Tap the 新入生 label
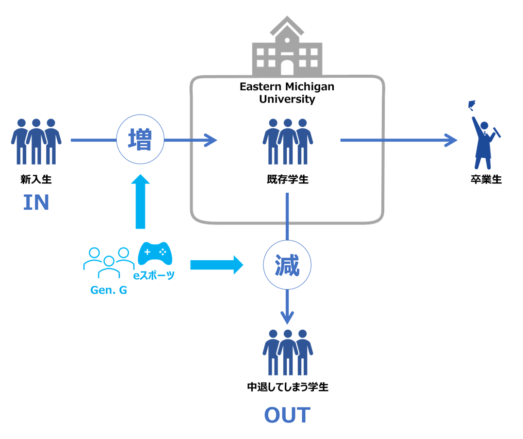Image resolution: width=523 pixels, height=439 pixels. point(36,179)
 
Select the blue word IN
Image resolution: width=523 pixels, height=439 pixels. point(36,203)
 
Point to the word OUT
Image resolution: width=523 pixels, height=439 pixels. point(287,415)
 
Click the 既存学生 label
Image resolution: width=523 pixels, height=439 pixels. point(288,179)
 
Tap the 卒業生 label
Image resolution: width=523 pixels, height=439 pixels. point(486,179)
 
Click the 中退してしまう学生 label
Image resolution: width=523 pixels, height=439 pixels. point(288,387)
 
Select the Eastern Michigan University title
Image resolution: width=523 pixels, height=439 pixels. point(287,93)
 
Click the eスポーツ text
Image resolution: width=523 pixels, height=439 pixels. point(154,275)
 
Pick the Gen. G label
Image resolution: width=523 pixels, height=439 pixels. point(109,290)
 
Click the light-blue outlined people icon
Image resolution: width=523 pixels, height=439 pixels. point(109,262)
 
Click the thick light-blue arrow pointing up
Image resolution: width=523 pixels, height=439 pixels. point(140,202)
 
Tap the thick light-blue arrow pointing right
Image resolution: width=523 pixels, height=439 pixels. point(217,265)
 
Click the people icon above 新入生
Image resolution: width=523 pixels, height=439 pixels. point(36,141)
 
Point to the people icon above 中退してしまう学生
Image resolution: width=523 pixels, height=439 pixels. point(288,353)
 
